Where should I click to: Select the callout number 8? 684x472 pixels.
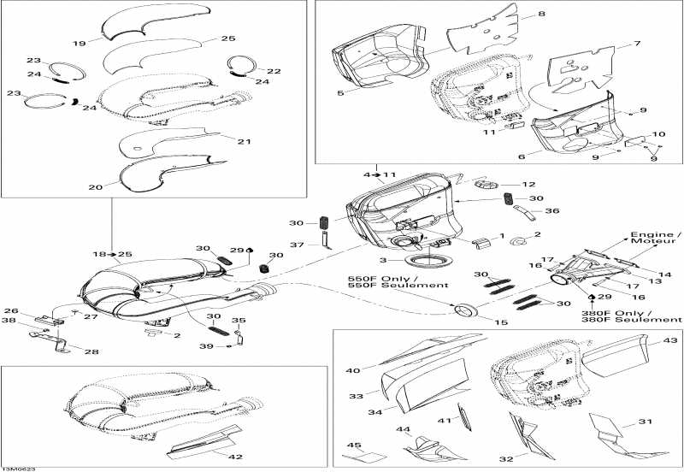click(x=540, y=15)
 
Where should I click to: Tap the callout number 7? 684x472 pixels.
click(x=635, y=44)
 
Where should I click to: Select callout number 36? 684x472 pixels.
click(x=551, y=210)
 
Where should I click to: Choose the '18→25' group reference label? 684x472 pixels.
click(x=112, y=254)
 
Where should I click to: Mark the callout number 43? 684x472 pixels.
click(x=669, y=341)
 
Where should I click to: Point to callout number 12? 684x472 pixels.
click(x=529, y=184)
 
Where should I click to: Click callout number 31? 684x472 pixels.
click(x=644, y=422)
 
